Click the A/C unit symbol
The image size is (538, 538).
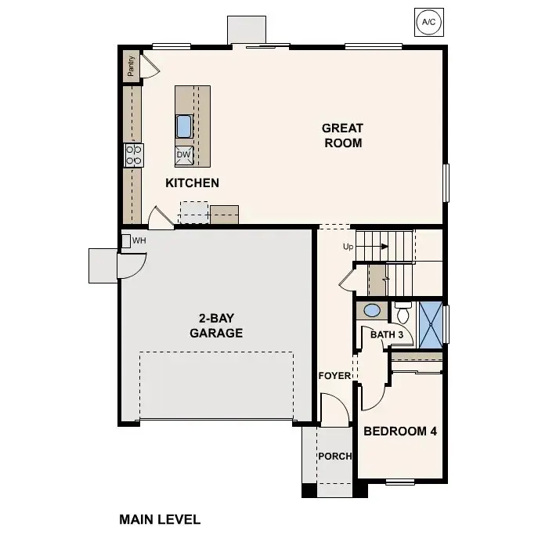(x=428, y=22)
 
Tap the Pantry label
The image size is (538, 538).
(x=131, y=67)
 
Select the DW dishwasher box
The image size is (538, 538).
(x=183, y=154)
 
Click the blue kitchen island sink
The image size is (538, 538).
(x=184, y=125)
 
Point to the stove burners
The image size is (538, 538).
(x=134, y=154)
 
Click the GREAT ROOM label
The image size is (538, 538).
(x=342, y=135)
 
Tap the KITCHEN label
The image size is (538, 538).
(x=192, y=182)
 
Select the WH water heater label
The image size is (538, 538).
(x=139, y=240)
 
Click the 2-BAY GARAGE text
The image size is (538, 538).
(x=216, y=326)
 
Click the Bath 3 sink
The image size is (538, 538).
(x=373, y=311)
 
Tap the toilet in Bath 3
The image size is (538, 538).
(x=403, y=314)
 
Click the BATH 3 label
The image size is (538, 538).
(x=387, y=335)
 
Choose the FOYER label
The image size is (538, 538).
(x=334, y=375)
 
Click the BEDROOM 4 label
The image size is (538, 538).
(x=399, y=431)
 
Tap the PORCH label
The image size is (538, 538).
(x=334, y=457)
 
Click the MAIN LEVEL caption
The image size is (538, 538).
(x=160, y=518)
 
